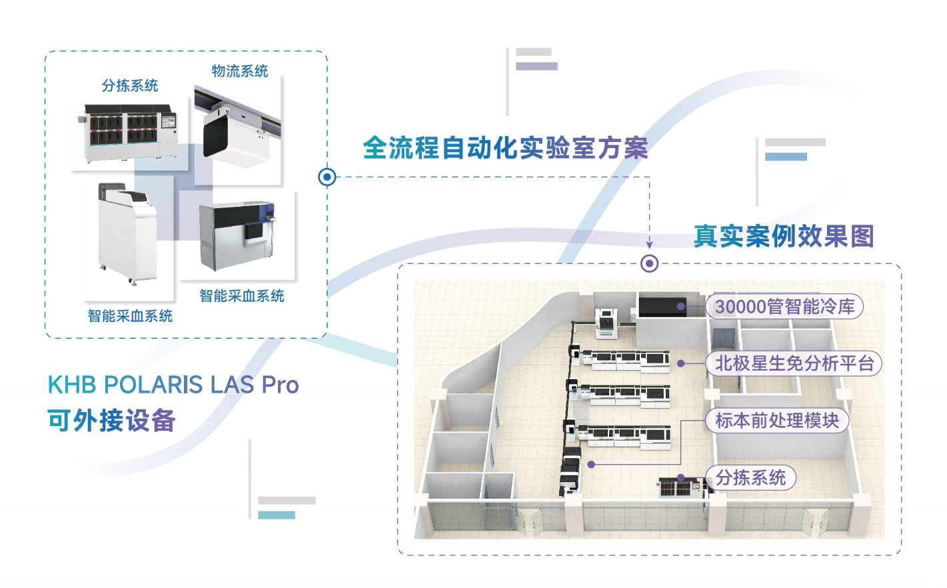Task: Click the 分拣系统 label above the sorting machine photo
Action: click(x=130, y=85)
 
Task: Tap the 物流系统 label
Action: click(x=240, y=71)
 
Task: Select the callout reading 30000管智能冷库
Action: click(x=784, y=307)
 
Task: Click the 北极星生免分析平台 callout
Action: click(x=794, y=363)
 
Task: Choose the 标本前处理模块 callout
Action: click(x=777, y=421)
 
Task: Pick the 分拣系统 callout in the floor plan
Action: click(x=750, y=477)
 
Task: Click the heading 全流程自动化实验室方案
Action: click(x=505, y=148)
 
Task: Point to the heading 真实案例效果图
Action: click(x=784, y=236)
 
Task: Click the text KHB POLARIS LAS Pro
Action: click(x=173, y=385)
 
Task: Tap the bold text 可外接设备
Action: click(x=111, y=421)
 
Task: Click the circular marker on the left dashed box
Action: click(x=327, y=177)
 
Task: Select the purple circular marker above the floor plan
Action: click(x=649, y=263)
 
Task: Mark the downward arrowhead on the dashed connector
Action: click(x=649, y=245)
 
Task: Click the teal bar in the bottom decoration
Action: click(x=277, y=515)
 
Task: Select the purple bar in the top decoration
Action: click(x=536, y=66)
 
